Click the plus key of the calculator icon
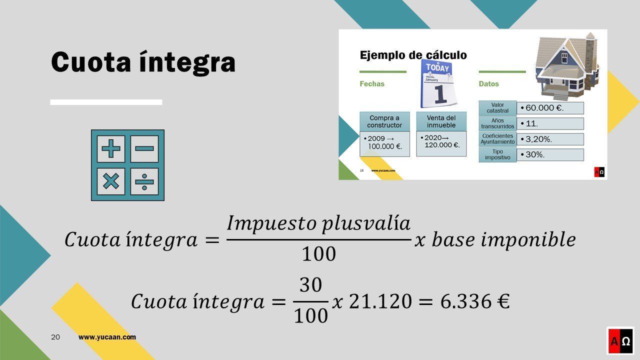(111, 148)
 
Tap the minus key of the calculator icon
(144, 148)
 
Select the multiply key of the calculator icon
(111, 181)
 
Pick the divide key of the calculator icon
(144, 181)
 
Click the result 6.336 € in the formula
(475, 301)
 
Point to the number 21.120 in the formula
(380, 301)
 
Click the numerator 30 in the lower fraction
(311, 285)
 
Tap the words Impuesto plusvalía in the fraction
(318, 223)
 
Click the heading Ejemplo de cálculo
(413, 55)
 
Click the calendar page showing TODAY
(438, 83)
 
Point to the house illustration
(567, 66)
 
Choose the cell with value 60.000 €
(550, 108)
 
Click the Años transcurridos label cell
(497, 123)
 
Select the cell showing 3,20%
(550, 139)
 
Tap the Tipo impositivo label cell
(497, 154)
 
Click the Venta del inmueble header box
(441, 121)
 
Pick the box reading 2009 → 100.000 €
(384, 144)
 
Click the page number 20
(55, 337)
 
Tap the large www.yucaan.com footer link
(107, 337)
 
